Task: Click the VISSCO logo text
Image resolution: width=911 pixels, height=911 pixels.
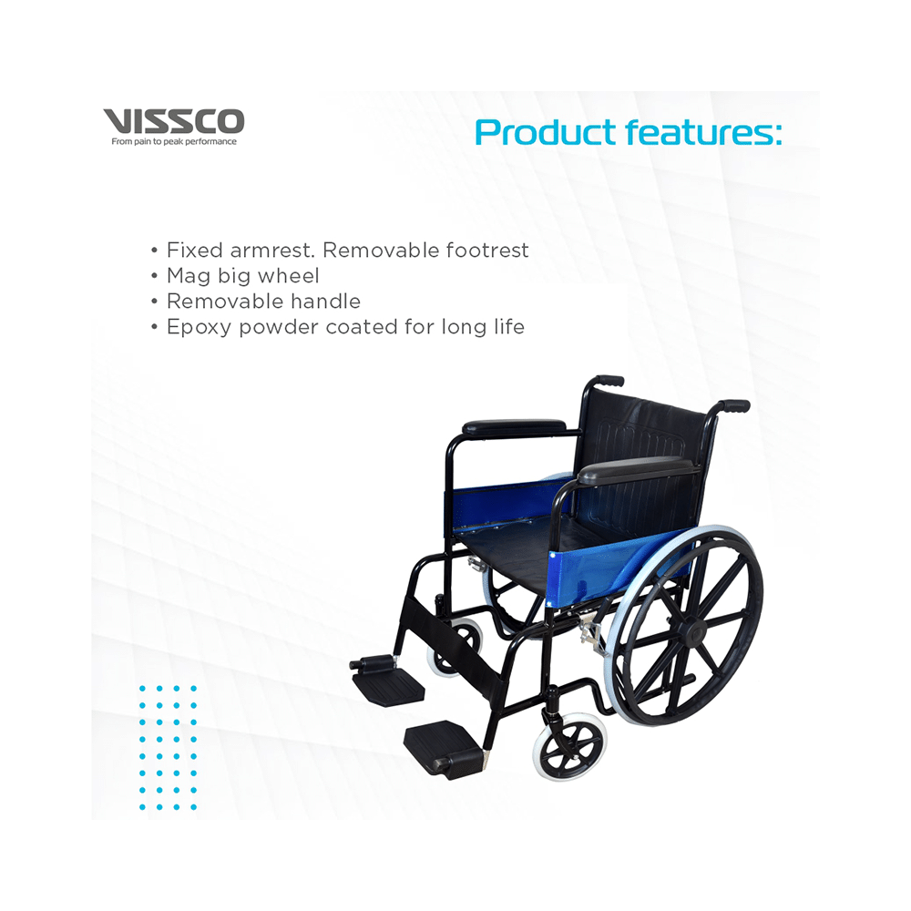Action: pos(174,121)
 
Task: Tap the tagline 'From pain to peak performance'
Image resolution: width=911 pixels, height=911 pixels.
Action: pos(174,142)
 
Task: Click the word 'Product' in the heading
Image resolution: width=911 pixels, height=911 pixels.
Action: pos(546,133)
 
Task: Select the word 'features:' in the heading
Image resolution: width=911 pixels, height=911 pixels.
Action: pos(704,132)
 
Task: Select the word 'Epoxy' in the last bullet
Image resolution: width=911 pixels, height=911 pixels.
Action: pos(200,328)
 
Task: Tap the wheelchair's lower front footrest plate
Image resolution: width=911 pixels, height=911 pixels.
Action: pos(445,747)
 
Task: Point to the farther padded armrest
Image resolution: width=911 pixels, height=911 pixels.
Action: pos(514,427)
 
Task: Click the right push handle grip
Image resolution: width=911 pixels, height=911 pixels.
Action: pos(734,405)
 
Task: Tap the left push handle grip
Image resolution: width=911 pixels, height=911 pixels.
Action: pos(610,381)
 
